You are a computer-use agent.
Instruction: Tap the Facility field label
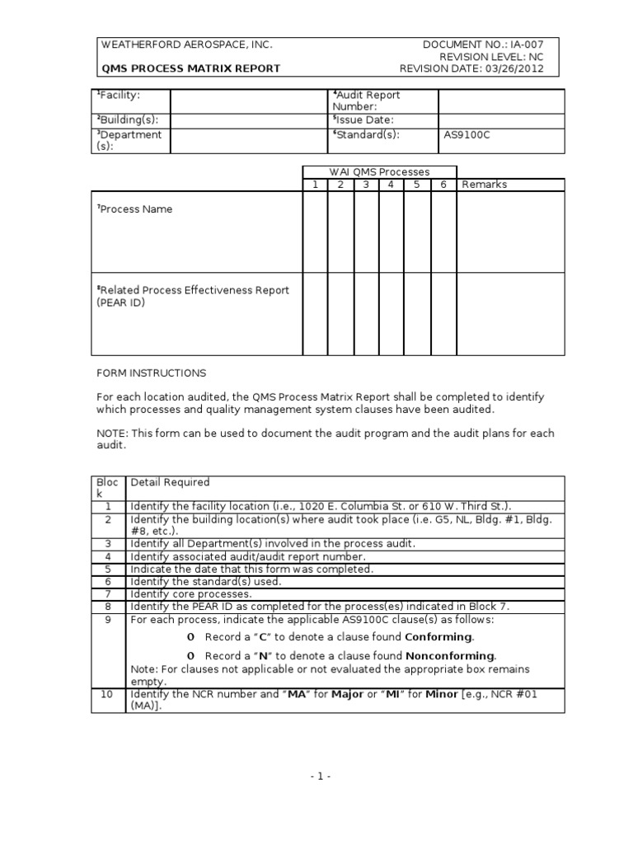pyautogui.click(x=120, y=96)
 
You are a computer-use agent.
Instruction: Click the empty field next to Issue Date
pyautogui.click(x=501, y=120)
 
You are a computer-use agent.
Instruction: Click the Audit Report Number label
pyautogui.click(x=366, y=101)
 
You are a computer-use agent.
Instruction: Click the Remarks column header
pyautogui.click(x=485, y=185)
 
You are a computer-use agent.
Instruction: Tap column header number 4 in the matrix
pyautogui.click(x=391, y=185)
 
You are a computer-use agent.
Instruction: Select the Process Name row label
pyautogui.click(x=134, y=209)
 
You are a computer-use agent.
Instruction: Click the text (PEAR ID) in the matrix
pyautogui.click(x=121, y=302)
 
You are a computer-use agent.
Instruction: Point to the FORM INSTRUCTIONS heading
pyautogui.click(x=151, y=373)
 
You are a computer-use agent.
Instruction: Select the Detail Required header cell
pyautogui.click(x=170, y=482)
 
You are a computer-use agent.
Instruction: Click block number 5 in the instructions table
pyautogui.click(x=107, y=570)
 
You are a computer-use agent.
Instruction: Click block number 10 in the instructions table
pyautogui.click(x=107, y=695)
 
